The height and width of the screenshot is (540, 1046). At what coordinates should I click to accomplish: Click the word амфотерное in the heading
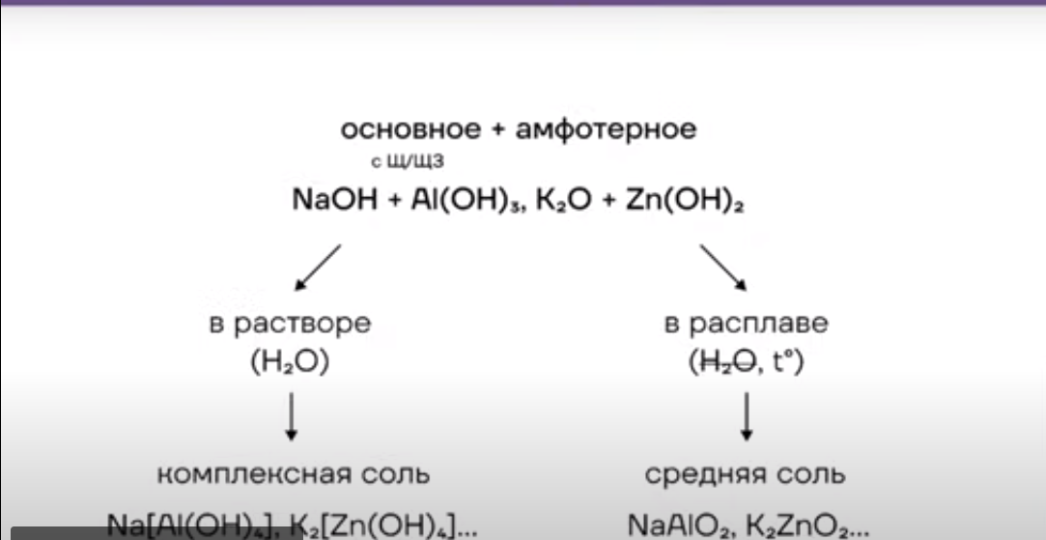[606, 129]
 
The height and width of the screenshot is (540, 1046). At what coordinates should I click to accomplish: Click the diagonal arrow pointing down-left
[318, 267]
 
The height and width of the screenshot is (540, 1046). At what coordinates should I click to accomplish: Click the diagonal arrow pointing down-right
[724, 267]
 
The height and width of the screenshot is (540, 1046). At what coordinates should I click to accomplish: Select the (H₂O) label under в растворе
[289, 363]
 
